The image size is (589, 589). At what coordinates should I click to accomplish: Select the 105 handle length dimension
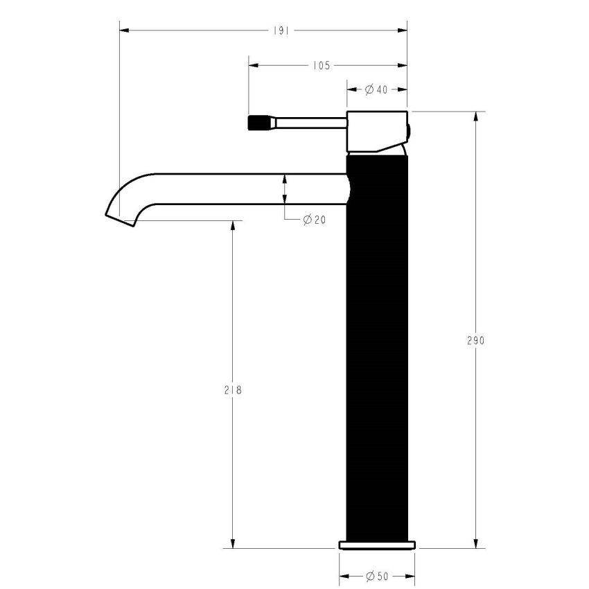click(320, 66)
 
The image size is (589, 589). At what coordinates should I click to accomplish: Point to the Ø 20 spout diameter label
click(314, 220)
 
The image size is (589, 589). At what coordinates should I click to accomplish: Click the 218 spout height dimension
click(233, 390)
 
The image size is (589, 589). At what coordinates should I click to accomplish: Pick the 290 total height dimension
click(475, 341)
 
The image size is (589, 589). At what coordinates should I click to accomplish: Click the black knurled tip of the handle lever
click(258, 123)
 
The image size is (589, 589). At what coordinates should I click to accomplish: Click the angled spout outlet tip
click(119, 218)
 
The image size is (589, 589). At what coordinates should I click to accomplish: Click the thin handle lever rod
click(308, 123)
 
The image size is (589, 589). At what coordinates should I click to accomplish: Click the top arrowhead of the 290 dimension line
click(475, 116)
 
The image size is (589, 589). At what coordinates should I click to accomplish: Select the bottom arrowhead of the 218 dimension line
click(233, 543)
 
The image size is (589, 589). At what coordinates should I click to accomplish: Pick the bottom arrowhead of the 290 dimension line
click(475, 543)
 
